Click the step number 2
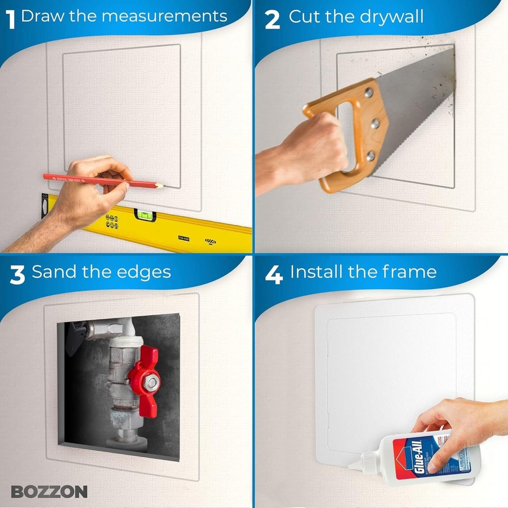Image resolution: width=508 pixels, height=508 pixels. tap(272, 19)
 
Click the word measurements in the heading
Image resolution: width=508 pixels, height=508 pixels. tap(165, 16)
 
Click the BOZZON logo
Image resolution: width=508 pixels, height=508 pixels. tap(49, 491)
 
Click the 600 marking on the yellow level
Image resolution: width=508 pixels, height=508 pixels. tap(210, 241)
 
